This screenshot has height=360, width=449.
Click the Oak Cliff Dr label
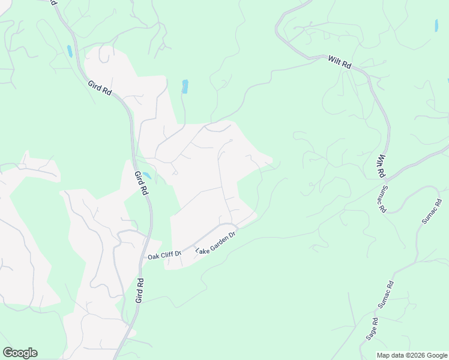164,256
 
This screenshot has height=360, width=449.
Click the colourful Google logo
20,353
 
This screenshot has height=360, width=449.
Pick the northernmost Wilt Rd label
339,62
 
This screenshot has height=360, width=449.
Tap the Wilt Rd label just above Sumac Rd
381,166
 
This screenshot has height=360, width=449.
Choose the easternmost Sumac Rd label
432,211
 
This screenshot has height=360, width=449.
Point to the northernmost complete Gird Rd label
100,91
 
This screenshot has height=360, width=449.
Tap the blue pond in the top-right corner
436,25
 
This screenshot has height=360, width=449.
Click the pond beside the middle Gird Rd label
146,175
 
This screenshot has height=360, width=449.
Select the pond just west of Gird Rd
70,51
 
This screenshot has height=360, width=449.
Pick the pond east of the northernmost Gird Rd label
185,86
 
